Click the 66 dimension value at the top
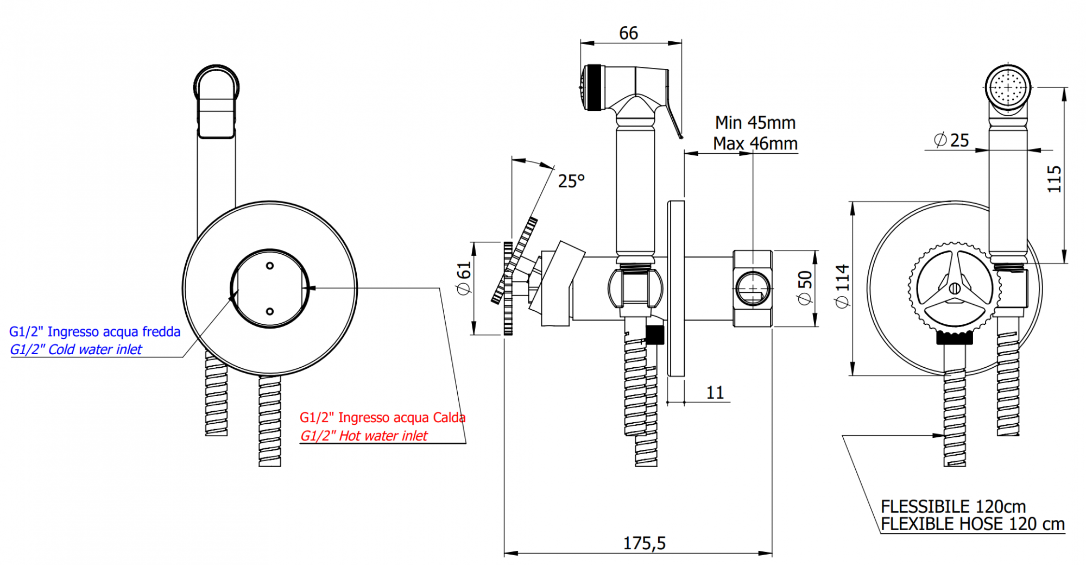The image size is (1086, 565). click(x=628, y=33)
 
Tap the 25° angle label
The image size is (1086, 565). click(x=571, y=180)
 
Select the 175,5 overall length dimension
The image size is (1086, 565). click(x=644, y=543)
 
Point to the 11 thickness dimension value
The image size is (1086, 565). click(x=715, y=392)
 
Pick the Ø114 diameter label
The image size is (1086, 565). click(x=842, y=286)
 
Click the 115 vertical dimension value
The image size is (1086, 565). click(x=1053, y=179)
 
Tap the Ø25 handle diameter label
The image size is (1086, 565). click(x=951, y=140)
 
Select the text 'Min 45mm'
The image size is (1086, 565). click(x=755, y=122)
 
